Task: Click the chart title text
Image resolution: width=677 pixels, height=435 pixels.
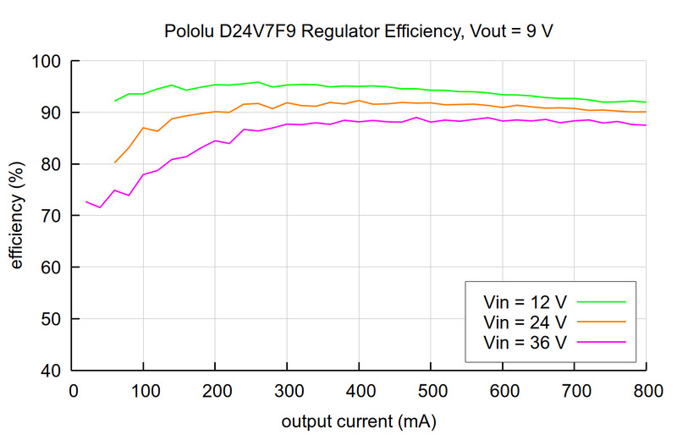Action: coord(361,31)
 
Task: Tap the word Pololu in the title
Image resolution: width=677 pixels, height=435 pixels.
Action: coord(190,31)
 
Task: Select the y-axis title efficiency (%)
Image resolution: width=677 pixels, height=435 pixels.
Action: coord(17,216)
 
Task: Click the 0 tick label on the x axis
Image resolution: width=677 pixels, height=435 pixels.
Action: coord(74,391)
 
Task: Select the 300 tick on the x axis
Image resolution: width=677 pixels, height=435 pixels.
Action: coord(288,391)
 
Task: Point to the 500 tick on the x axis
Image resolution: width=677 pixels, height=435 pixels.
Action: coord(431,391)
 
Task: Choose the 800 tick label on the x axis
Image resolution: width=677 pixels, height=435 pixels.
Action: coord(646,391)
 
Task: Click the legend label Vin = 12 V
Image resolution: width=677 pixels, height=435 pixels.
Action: coord(525,300)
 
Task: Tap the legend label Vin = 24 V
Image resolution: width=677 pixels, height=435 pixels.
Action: coord(525,322)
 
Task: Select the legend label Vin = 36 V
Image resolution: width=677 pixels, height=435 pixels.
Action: coord(525,342)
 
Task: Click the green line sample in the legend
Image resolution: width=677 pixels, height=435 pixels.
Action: coord(600,300)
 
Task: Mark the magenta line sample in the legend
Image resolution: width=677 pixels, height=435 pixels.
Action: coord(600,342)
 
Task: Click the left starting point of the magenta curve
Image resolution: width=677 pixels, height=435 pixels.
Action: coord(86,201)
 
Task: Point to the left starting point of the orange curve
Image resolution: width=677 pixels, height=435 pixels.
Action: coord(115,162)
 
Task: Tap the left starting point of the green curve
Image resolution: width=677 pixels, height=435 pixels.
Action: coord(115,101)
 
